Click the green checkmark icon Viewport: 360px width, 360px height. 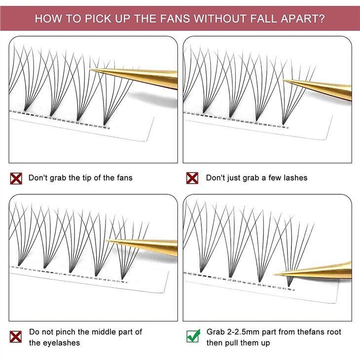pyautogui.click(x=193, y=336)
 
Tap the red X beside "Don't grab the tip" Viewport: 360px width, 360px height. pyautogui.click(x=16, y=179)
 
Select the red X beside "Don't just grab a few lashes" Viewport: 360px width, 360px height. pyautogui.click(x=192, y=178)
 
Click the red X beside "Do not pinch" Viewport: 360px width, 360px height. pyautogui.click(x=16, y=337)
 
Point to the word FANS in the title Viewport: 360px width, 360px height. pyautogui.click(x=175, y=18)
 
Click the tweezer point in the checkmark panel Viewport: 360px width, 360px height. pyautogui.click(x=273, y=274)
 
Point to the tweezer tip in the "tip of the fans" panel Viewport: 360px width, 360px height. pyautogui.click(x=90, y=70)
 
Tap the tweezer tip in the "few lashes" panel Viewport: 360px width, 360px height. pyautogui.click(x=283, y=80)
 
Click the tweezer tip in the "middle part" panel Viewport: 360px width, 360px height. pyautogui.click(x=106, y=240)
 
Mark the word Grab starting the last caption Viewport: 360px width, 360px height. pyautogui.click(x=216, y=332)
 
